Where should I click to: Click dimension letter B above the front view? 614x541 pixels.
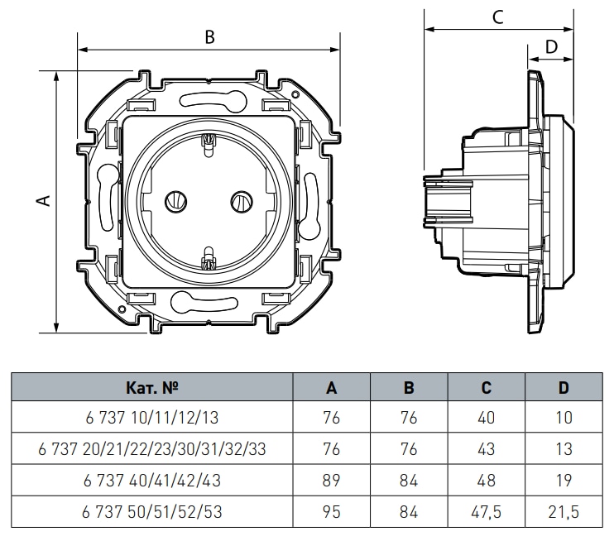coord(209,36)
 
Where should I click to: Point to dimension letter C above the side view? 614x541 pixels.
coord(498,17)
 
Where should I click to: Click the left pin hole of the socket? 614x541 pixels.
coord(175,201)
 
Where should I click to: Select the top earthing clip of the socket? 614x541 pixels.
coord(209,146)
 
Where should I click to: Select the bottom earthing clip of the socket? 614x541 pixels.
coord(209,258)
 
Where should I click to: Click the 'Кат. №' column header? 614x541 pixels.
coord(152,387)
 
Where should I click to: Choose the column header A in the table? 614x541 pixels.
coord(332,387)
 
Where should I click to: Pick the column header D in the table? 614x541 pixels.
coord(564,387)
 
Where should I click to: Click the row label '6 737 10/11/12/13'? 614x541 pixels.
coord(152,418)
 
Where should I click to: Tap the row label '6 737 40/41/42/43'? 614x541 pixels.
coord(152,480)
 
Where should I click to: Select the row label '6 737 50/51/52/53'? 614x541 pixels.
coord(152,511)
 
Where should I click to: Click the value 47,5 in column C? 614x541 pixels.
coord(486,511)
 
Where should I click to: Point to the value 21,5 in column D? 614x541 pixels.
coord(564,511)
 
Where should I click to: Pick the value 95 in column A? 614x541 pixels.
coord(331,511)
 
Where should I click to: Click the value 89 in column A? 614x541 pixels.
coord(331,480)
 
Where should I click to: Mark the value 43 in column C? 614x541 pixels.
coord(486,449)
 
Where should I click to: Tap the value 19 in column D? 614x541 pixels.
coord(564,480)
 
